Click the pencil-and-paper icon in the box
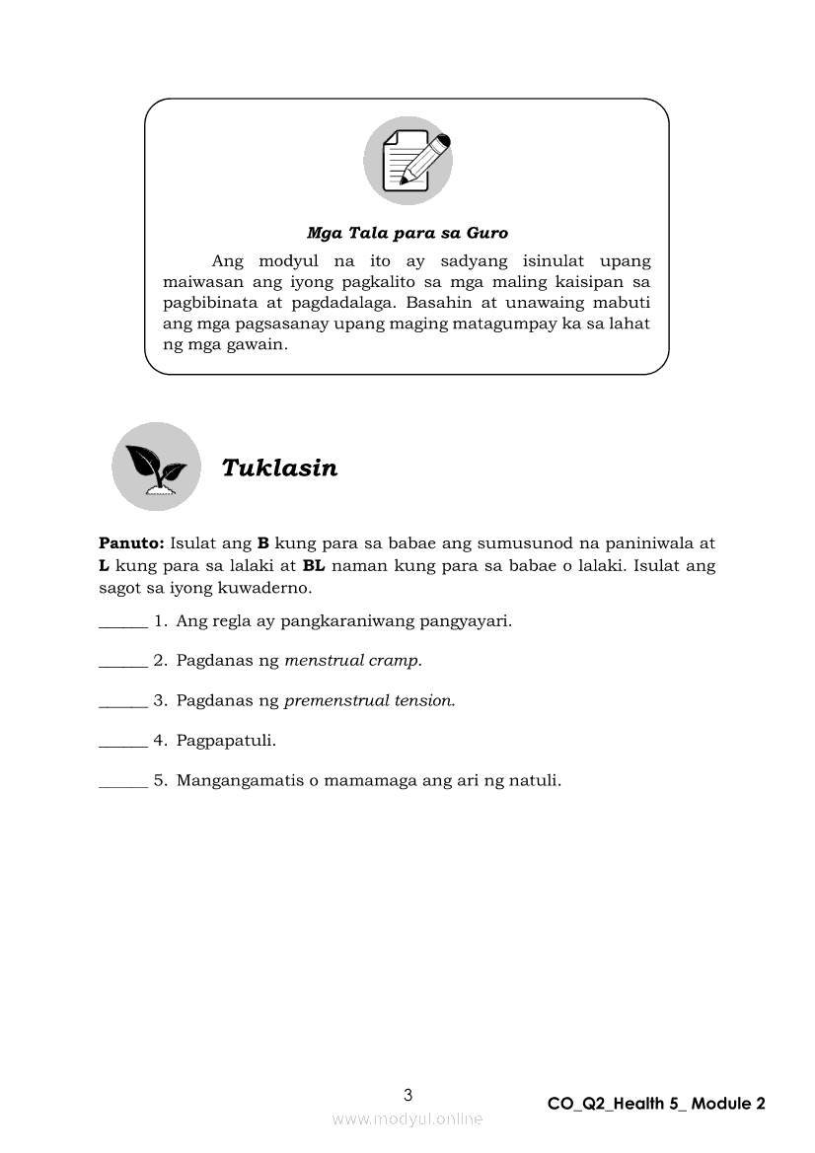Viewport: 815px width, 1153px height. (x=407, y=160)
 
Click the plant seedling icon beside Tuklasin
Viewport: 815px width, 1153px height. (x=156, y=467)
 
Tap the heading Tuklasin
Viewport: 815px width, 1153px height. (x=279, y=468)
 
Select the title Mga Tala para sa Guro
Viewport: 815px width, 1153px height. (x=407, y=233)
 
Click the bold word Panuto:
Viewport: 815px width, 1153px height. (x=131, y=542)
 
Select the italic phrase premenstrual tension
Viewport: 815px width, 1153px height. (x=370, y=700)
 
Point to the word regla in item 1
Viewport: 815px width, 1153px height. (x=232, y=621)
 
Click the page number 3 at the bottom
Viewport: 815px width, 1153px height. (x=408, y=1094)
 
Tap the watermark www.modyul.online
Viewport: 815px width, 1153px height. (x=407, y=1118)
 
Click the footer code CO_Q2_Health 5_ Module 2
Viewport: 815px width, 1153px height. (x=656, y=1104)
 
